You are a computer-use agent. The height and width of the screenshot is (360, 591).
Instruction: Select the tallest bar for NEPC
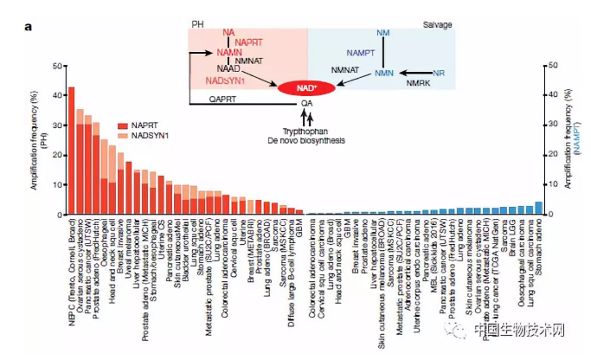coord(71,151)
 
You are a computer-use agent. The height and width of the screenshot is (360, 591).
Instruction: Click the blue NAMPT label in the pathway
coord(360,54)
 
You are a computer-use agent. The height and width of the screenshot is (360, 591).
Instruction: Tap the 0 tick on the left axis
coord(57,215)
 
